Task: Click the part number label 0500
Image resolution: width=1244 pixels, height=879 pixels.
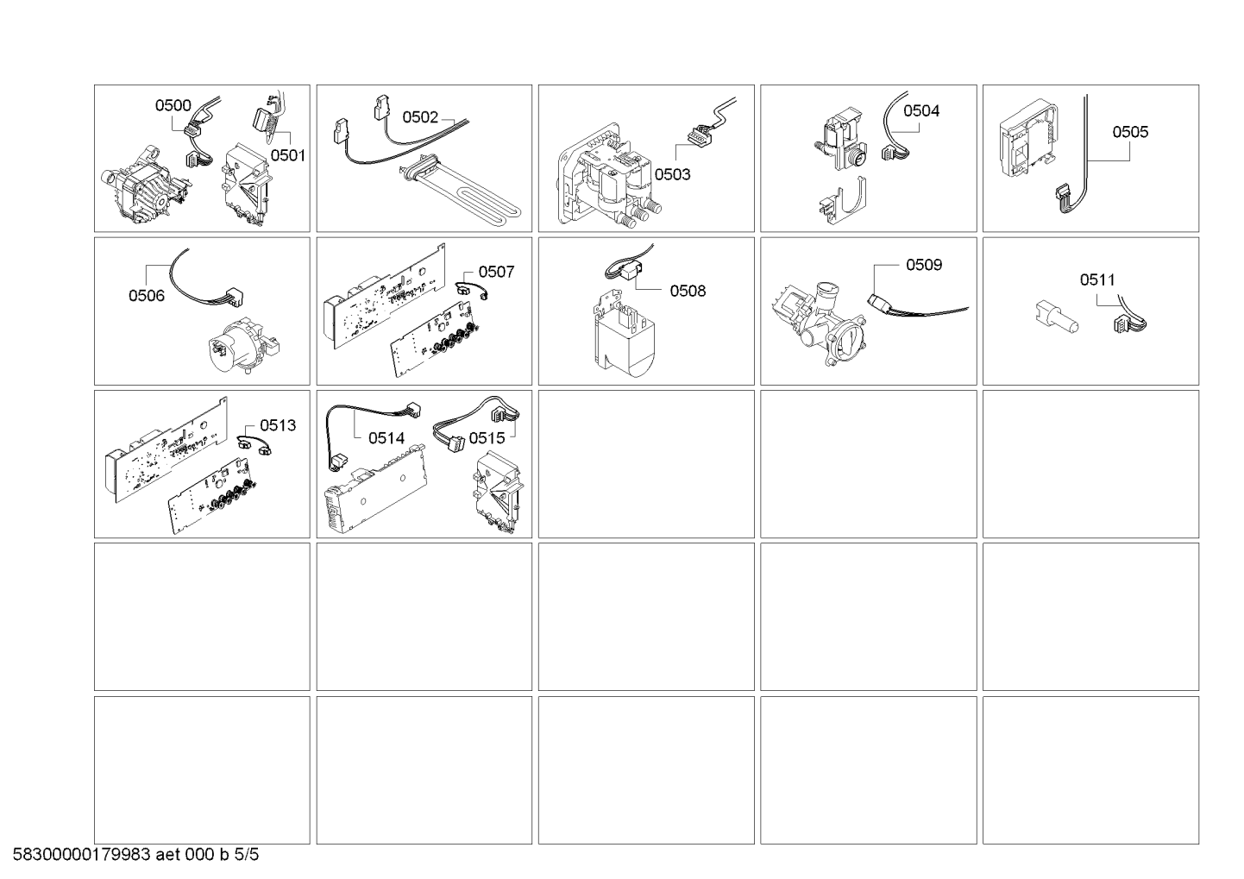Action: tap(173, 105)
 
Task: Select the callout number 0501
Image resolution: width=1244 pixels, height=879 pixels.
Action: tap(288, 155)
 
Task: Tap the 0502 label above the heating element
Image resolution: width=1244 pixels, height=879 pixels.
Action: tap(420, 117)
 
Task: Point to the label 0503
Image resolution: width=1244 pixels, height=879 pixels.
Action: tap(673, 174)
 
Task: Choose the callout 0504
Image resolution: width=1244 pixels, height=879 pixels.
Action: tap(921, 111)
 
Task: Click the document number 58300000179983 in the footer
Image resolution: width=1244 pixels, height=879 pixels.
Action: tap(82, 855)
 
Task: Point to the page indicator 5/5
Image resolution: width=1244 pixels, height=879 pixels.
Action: tap(247, 855)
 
